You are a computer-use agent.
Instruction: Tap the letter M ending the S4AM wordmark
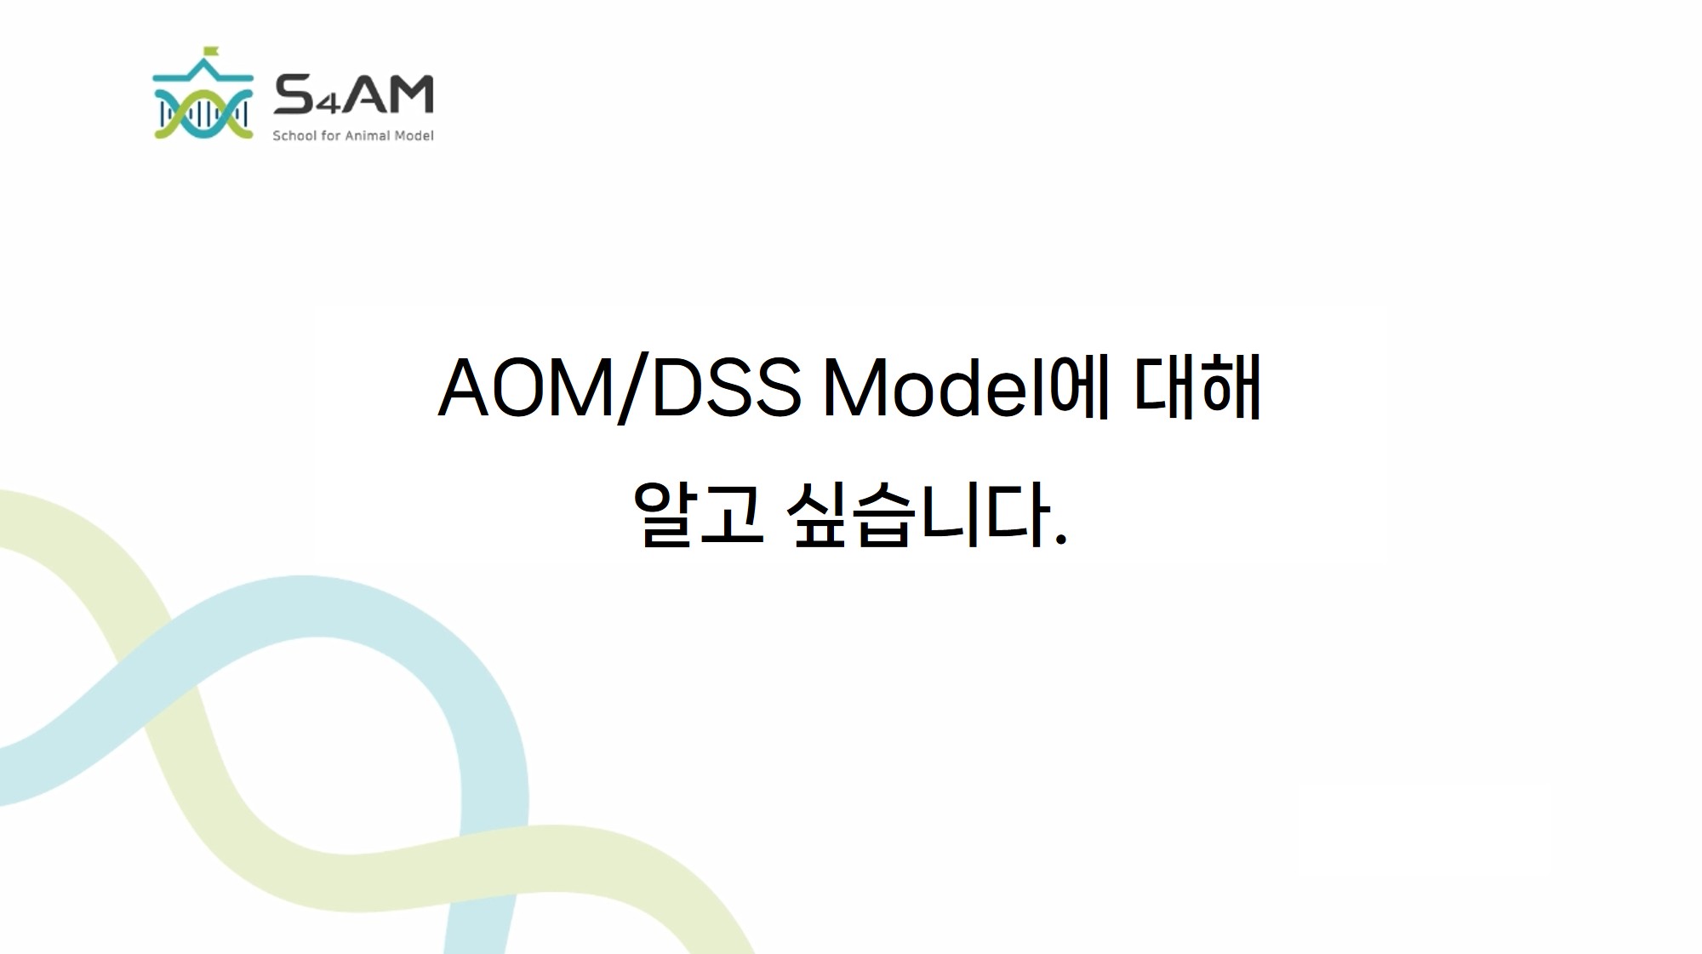413,94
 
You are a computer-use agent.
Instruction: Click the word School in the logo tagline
294,135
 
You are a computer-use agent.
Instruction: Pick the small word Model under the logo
414,135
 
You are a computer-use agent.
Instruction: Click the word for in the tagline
331,135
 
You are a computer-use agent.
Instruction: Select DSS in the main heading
727,388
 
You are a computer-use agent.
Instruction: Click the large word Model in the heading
934,386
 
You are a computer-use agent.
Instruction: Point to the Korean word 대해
1197,387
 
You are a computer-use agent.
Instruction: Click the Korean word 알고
698,513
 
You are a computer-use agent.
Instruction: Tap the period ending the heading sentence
1060,538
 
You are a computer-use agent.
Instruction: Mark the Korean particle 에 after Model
1078,387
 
